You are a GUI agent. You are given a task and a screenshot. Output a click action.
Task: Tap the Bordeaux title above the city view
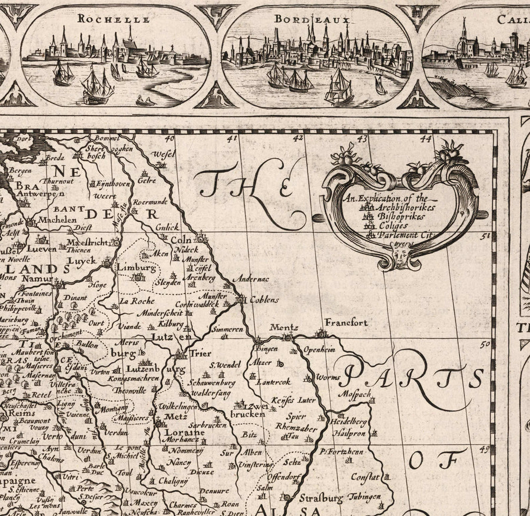(312, 19)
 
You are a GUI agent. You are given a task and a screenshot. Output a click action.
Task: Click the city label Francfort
(347, 322)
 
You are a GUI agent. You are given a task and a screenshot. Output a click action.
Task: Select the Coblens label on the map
(264, 299)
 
